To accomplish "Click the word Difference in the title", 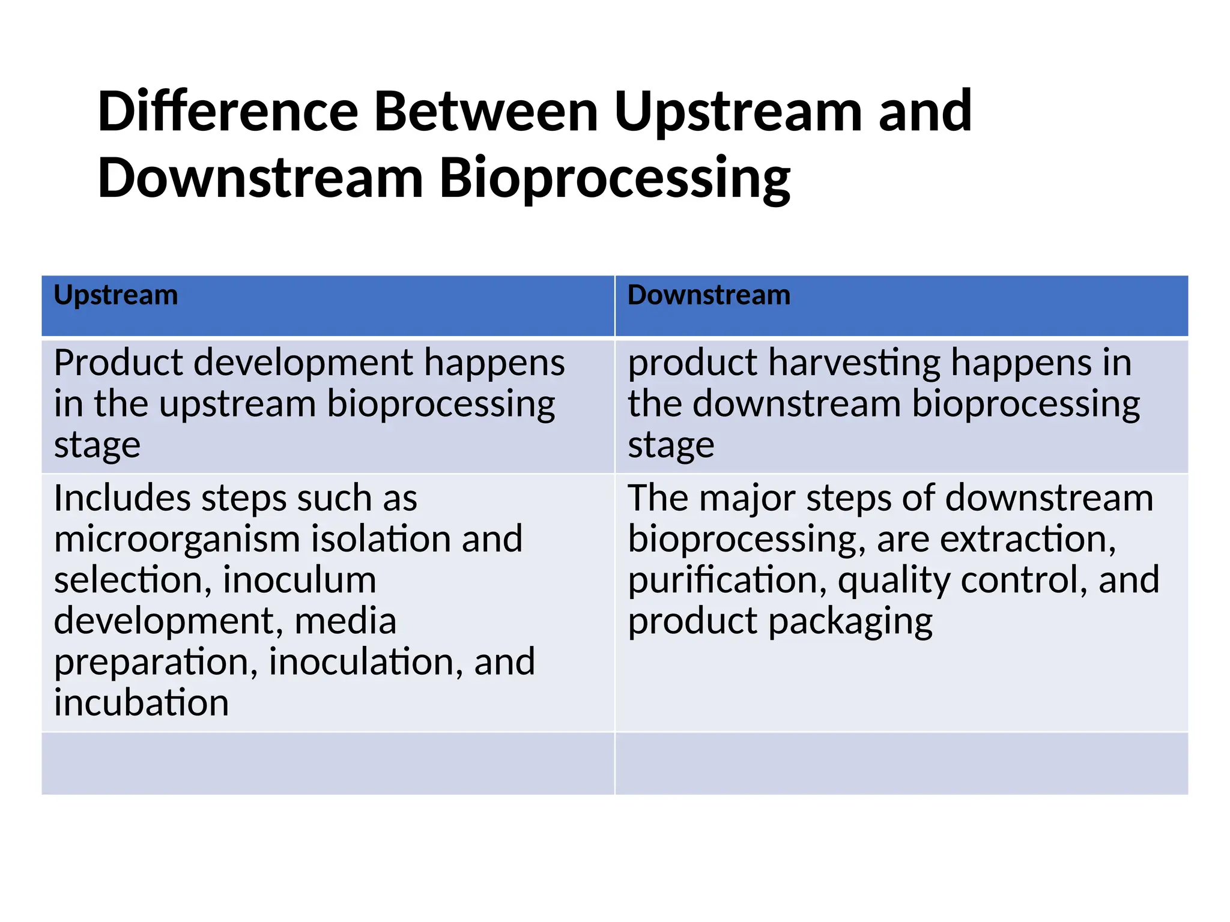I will point(228,112).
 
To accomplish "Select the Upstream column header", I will point(116,295).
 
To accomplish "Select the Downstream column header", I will point(709,295).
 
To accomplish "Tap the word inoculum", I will point(299,580).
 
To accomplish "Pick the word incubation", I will point(141,703).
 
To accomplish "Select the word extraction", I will point(1028,539).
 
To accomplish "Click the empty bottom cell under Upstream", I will point(328,764).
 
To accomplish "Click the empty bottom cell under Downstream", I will point(901,764).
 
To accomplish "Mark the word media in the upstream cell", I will point(345,621).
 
